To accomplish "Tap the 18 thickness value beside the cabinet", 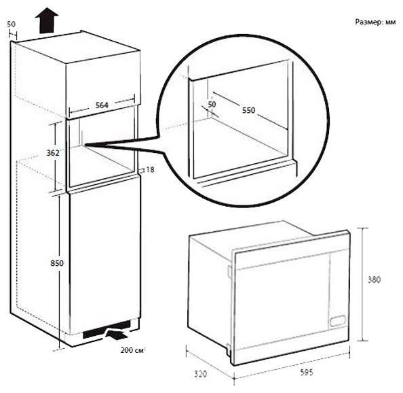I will point(150,169).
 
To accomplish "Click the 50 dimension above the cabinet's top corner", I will point(12,24).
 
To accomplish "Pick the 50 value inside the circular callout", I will point(211,105).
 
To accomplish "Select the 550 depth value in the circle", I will point(248,109).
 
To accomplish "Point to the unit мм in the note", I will point(390,22).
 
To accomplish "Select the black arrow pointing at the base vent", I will point(117,335).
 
